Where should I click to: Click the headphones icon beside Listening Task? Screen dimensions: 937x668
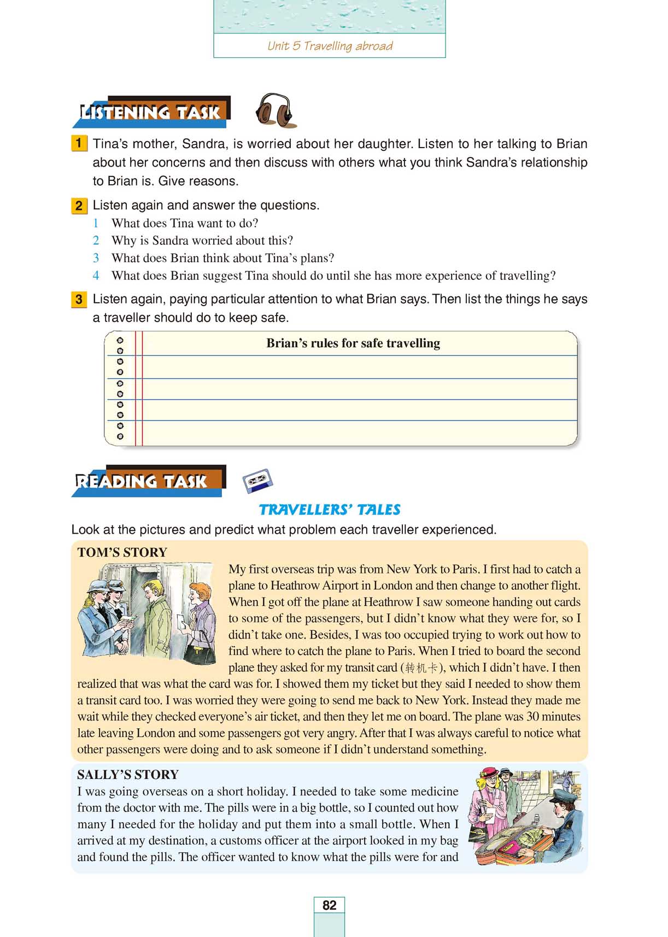tap(276, 111)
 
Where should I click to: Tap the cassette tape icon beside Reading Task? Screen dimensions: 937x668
tap(257, 481)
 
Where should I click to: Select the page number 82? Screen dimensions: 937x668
tap(329, 905)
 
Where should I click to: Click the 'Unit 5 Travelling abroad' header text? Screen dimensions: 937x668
tap(330, 46)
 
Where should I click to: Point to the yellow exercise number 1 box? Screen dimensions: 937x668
tap(79, 144)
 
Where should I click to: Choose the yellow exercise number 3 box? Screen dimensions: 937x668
tap(79, 300)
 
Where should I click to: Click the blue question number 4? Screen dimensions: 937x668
tap(96, 276)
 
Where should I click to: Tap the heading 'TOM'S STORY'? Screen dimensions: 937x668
tap(122, 552)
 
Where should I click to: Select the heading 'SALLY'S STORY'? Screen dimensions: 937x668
tap(128, 775)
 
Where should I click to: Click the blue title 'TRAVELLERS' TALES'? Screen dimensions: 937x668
tap(330, 510)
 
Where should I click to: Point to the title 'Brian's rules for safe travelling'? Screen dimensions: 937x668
tap(353, 343)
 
